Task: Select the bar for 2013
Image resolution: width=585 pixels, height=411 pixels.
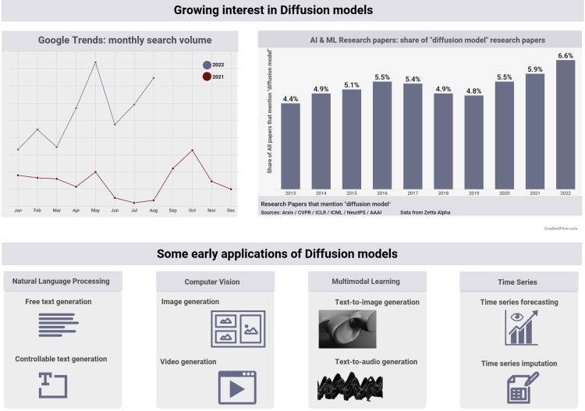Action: tap(290, 148)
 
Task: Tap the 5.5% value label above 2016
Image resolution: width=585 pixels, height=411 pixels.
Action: tap(382, 77)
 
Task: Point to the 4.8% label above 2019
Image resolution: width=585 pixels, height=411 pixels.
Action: tap(473, 90)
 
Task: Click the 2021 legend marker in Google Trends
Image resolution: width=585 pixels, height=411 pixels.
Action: tap(206, 76)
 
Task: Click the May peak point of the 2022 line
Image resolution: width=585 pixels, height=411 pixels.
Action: tap(95, 62)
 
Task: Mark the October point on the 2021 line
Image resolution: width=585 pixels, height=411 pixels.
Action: tap(192, 150)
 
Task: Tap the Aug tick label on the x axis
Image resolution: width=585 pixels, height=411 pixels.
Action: tap(154, 211)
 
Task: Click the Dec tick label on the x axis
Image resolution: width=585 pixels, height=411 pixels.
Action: tap(231, 211)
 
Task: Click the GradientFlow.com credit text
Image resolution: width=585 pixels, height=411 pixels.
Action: tap(560, 228)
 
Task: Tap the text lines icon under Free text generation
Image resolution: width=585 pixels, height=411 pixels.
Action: tap(59, 324)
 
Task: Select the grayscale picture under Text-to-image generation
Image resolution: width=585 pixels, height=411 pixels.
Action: tap(347, 328)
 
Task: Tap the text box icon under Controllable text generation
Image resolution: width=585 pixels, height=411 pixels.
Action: tap(53, 384)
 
